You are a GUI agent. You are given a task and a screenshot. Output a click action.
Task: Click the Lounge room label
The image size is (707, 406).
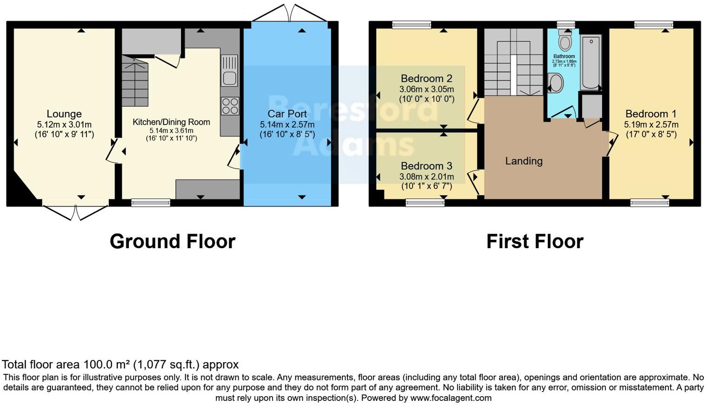click(64, 114)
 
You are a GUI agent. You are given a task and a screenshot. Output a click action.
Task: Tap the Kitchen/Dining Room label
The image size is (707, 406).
click(171, 122)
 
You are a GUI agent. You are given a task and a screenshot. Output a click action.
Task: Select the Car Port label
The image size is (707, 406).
click(287, 114)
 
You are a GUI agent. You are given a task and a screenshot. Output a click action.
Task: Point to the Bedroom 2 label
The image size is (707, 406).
click(427, 79)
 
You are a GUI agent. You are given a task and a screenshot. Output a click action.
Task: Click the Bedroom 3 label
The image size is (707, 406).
click(427, 166)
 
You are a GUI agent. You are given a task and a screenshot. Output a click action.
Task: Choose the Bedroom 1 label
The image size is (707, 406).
click(651, 114)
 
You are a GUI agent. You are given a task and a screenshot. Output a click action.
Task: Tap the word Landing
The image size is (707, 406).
click(524, 161)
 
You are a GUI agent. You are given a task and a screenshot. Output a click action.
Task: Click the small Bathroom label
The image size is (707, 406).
click(564, 56)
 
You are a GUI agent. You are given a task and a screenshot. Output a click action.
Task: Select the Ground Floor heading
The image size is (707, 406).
click(173, 242)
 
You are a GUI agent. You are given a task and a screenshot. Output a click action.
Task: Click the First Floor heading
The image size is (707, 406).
click(534, 242)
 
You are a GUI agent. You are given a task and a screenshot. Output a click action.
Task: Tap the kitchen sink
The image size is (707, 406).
click(229, 71)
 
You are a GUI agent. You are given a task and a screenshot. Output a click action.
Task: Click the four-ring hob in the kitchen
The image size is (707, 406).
click(229, 106)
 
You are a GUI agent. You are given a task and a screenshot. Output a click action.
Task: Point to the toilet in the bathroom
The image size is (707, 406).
click(565, 41)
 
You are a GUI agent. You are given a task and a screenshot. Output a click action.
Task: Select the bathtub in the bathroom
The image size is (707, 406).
click(591, 62)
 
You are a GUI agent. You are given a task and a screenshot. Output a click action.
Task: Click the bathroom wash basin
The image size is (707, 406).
click(556, 84)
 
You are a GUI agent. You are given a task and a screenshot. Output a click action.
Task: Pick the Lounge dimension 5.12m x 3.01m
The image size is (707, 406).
click(64, 125)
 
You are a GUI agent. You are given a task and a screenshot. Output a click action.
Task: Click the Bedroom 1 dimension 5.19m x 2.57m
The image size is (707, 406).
click(651, 125)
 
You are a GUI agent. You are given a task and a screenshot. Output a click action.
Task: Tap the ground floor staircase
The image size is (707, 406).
click(135, 81)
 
